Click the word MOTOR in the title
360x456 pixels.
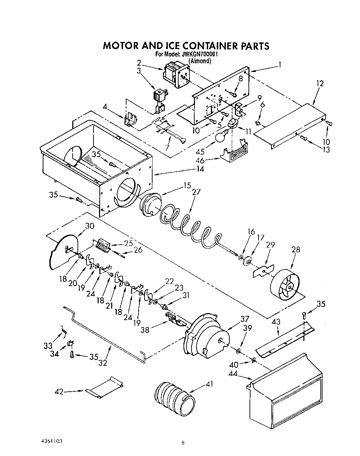coord(121,46)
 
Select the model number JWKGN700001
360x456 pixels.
coord(199,55)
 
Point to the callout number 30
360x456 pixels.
coord(90,226)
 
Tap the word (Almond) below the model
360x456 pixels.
coord(199,61)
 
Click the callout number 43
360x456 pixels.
coord(276,322)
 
